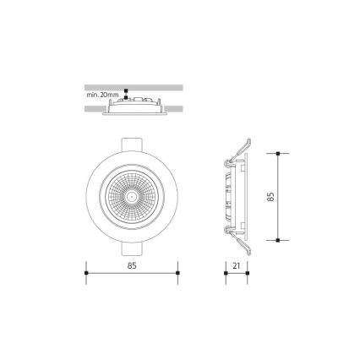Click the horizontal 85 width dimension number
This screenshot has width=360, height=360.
(133, 265)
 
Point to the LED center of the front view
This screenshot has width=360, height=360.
(133, 195)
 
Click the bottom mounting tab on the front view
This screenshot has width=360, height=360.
(133, 251)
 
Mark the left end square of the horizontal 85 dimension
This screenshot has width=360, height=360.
(88, 273)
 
